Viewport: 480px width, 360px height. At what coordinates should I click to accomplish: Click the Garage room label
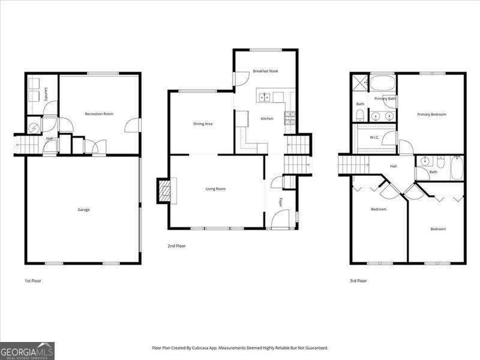point(83,209)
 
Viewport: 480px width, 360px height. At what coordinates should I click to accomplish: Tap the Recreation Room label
point(99,113)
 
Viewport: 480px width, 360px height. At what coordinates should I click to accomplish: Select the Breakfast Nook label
point(265,71)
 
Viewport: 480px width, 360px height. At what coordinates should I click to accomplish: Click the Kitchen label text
point(266,118)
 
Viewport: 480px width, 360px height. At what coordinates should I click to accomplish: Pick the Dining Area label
point(203,124)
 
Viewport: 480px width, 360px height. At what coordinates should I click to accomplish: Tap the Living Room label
point(215,189)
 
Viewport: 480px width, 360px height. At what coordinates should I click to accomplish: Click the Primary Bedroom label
point(432,114)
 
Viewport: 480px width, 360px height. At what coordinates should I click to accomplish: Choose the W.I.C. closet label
point(374,137)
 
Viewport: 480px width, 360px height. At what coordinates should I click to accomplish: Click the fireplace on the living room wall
point(164,191)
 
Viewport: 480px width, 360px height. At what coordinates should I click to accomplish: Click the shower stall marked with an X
point(359,82)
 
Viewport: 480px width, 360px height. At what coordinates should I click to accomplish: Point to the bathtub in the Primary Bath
point(382,82)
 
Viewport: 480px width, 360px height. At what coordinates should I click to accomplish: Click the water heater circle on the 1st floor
point(34,127)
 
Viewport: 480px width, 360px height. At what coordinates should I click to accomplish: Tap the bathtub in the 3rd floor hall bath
point(457,168)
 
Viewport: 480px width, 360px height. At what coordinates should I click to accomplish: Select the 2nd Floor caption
point(176,245)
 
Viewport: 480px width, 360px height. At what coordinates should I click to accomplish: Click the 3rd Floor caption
point(358,280)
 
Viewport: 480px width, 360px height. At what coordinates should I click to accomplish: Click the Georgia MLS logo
point(27,350)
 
